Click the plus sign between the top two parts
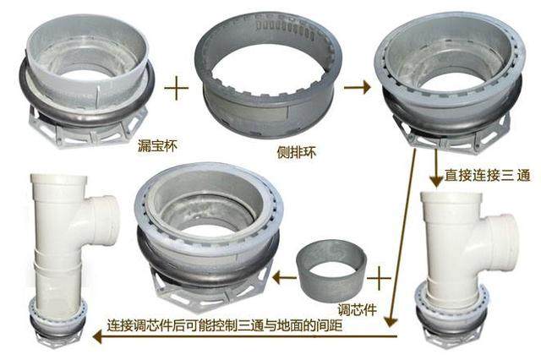pos(176,87)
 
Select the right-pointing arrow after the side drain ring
pos(358,87)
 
